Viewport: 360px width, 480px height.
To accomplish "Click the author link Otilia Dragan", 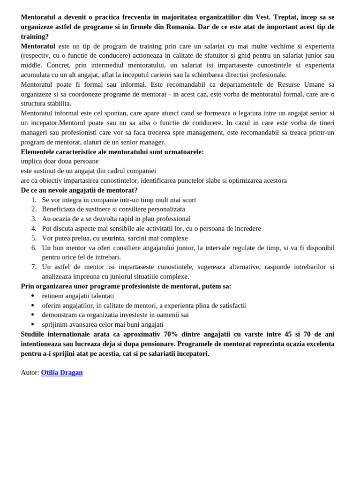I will (x=62, y=373).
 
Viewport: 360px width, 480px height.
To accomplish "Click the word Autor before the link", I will (x=30, y=373).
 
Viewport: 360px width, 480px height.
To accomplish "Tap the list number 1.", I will (x=34, y=200).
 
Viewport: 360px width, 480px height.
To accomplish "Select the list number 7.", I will (x=34, y=267).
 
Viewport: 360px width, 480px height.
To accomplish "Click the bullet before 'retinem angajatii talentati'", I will (x=33, y=296).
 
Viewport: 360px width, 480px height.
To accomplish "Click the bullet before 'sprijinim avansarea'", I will (x=33, y=324).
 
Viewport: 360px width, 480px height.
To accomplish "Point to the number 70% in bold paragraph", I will (x=171, y=334).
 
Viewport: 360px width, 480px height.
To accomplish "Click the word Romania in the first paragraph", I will (x=180, y=27).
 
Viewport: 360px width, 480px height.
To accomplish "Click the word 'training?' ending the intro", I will (x=35, y=37).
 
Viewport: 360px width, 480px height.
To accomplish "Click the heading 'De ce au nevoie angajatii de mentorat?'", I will (x=79, y=190).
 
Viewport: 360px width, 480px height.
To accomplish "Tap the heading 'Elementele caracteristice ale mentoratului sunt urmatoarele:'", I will (x=112, y=152).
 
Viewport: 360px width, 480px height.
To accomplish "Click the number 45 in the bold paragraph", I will (x=288, y=334).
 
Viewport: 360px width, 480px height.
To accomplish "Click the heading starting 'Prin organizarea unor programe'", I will (x=126, y=286).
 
